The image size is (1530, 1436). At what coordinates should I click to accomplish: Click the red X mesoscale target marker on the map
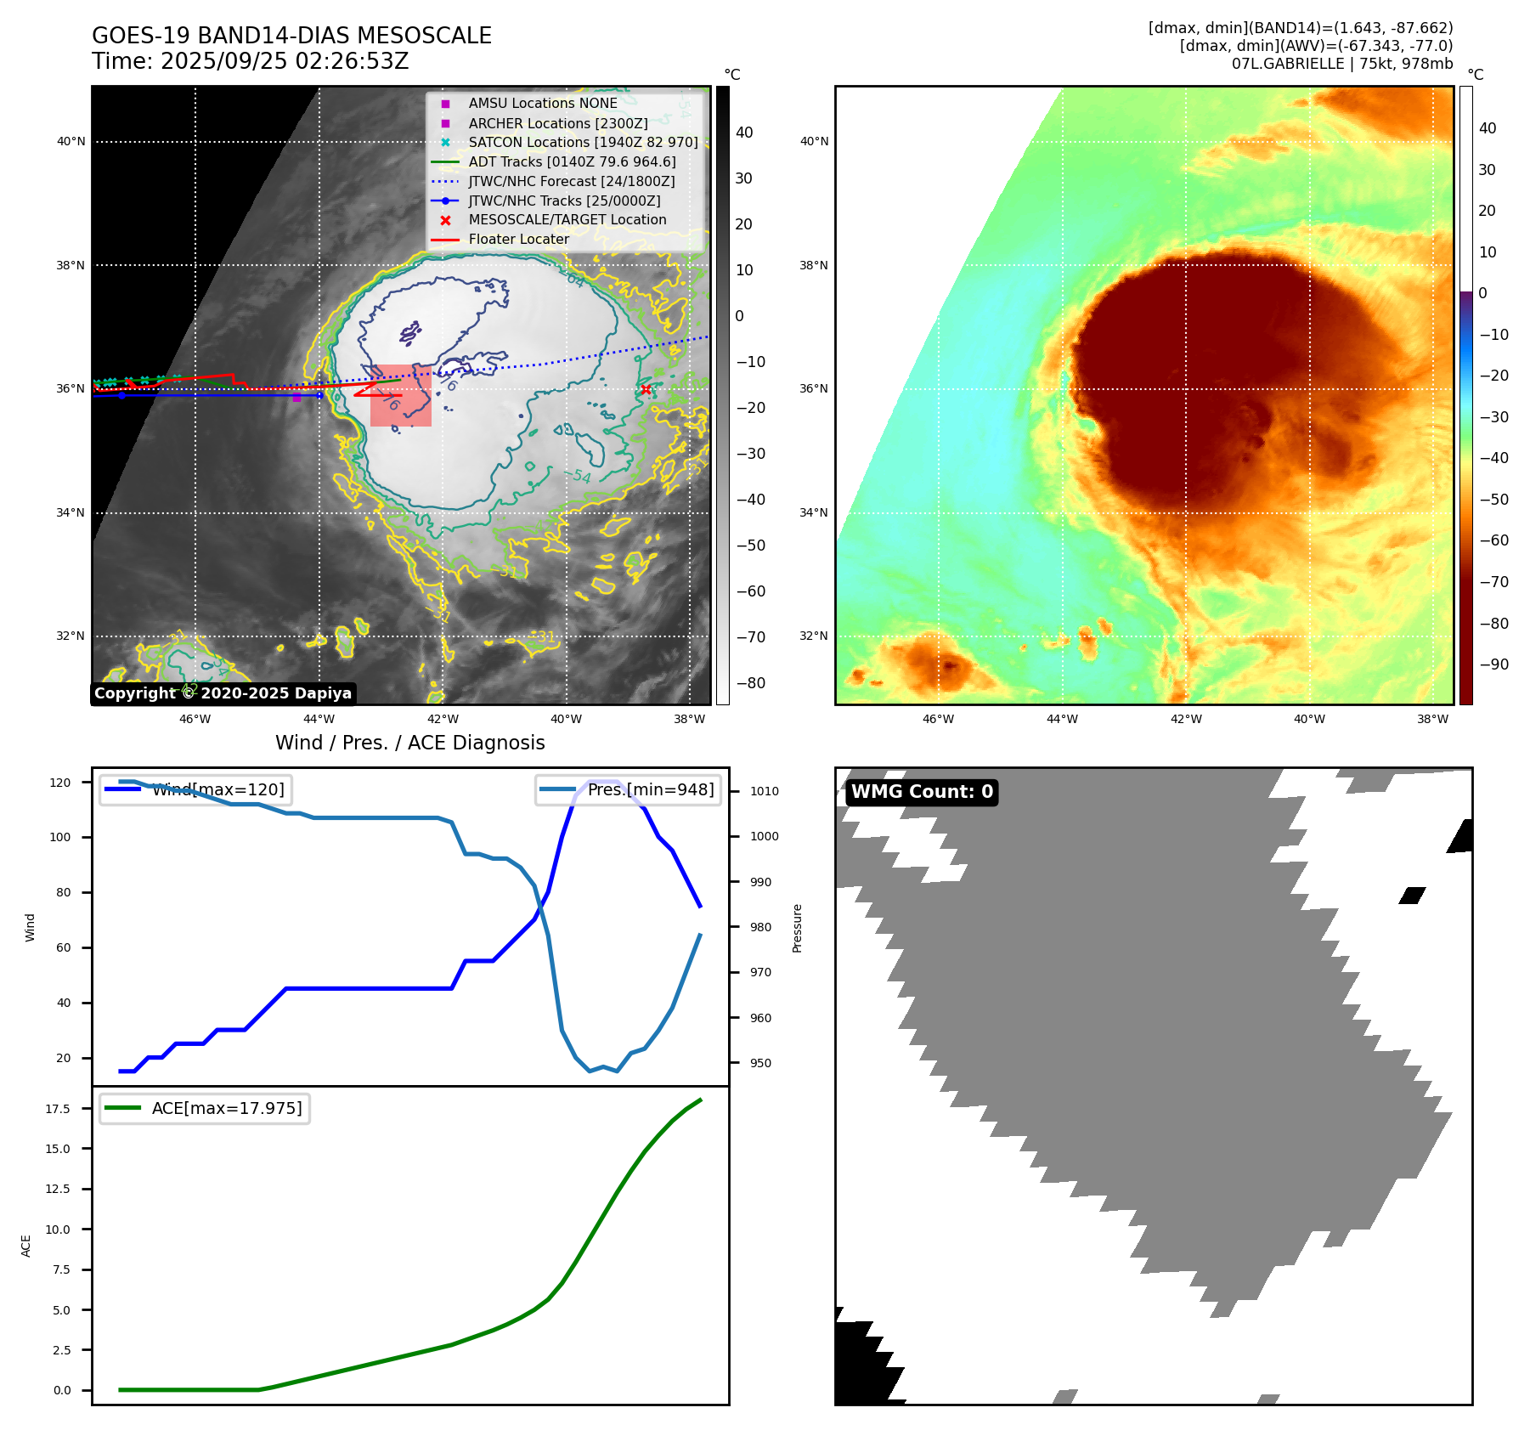click(646, 390)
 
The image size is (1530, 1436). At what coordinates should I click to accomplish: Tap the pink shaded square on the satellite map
click(401, 396)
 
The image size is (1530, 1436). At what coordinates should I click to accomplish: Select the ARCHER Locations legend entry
click(557, 123)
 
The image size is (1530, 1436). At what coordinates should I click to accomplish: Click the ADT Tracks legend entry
click(572, 161)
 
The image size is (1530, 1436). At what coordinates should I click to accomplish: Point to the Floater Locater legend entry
click(518, 239)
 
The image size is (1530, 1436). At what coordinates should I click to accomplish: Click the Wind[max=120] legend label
click(217, 789)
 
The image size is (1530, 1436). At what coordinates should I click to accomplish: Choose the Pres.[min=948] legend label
click(651, 789)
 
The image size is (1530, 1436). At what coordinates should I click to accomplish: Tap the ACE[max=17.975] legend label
click(227, 1108)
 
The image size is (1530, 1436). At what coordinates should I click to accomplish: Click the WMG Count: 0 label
click(922, 792)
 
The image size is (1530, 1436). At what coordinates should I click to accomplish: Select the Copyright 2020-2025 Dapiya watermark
click(223, 693)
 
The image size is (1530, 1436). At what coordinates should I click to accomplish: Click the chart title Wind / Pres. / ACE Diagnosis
click(410, 743)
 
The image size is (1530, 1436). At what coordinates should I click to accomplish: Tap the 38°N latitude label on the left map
click(71, 265)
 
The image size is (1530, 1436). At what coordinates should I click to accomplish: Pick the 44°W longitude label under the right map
click(1062, 719)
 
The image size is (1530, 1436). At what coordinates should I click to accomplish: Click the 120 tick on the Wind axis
click(60, 783)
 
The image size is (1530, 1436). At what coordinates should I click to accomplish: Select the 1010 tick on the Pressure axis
click(764, 791)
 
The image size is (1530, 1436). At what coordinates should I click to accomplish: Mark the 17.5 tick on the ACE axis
click(58, 1109)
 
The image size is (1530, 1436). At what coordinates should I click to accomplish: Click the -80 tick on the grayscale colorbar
click(750, 683)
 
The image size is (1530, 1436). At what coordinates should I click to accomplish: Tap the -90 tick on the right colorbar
click(1493, 664)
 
